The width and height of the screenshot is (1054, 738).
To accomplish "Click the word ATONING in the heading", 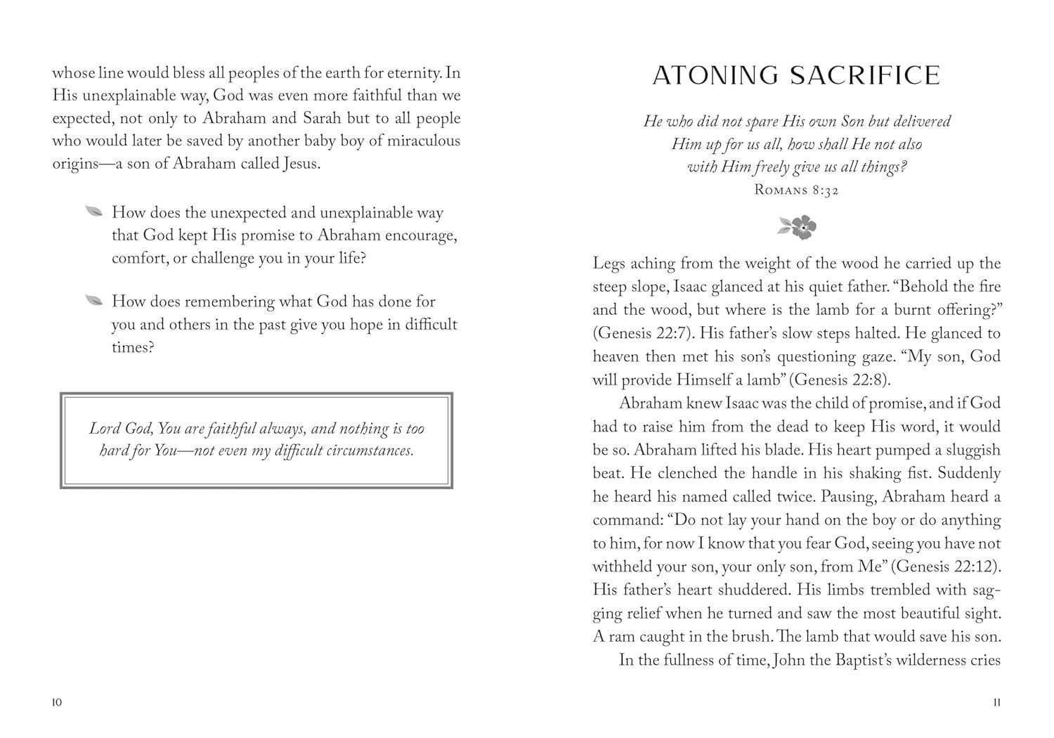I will [715, 76].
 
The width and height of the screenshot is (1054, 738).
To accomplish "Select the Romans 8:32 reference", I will [796, 190].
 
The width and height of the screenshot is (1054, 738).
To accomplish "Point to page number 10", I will [57, 703].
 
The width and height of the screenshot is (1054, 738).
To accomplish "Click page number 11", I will [996, 703].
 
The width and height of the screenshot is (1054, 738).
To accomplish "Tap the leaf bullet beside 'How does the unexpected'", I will [93, 212].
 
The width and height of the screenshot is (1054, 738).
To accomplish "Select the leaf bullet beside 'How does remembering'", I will [93, 301].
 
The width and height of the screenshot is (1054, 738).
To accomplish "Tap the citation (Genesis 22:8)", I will [840, 380].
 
